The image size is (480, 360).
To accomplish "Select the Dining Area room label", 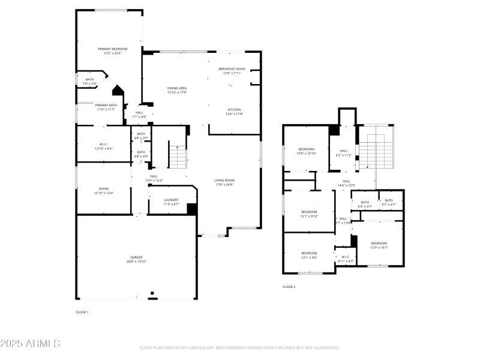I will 177,90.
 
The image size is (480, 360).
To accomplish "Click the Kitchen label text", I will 233,112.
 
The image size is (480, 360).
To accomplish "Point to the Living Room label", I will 224,182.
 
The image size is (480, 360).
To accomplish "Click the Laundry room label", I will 171,203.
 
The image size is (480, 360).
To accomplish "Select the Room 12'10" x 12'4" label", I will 103,191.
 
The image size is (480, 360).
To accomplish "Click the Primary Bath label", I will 106,107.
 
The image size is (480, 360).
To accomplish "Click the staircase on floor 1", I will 178,157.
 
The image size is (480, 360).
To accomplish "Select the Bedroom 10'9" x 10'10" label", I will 306,151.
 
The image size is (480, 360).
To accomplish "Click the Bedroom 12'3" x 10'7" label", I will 379,245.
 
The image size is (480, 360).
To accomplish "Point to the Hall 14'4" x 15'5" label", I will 346,183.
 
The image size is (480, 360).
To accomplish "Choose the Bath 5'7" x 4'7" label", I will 389,203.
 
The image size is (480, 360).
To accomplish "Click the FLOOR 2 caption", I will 289,287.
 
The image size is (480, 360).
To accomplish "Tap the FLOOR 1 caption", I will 82,312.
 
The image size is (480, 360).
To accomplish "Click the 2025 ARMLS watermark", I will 30,344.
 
